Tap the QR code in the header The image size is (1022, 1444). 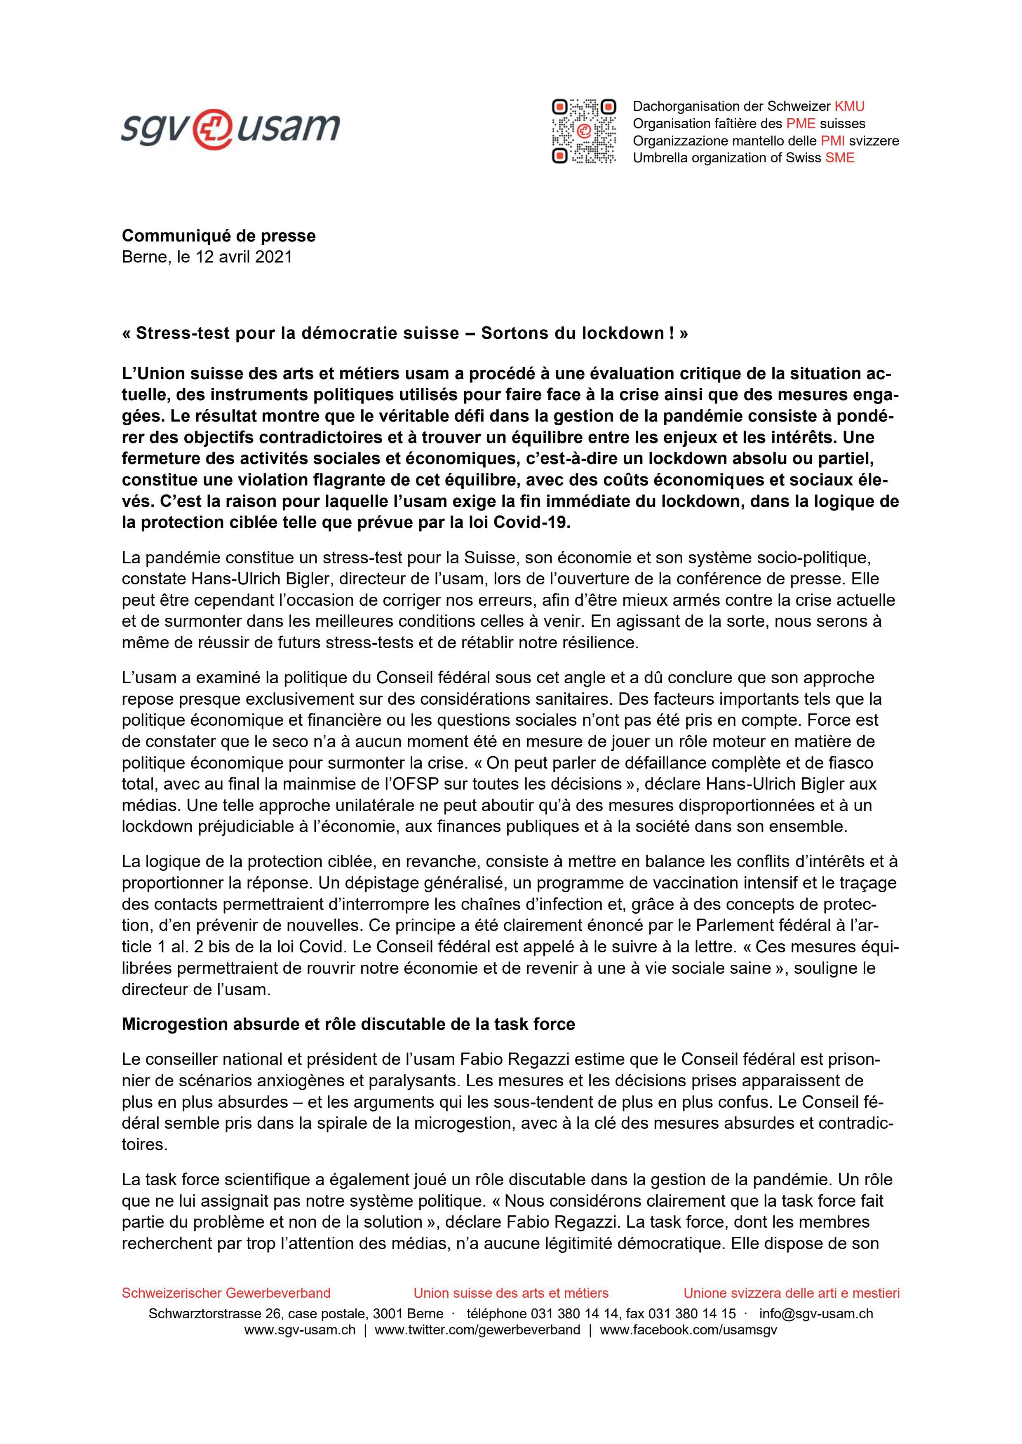click(583, 131)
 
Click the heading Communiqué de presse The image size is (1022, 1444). click(218, 236)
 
